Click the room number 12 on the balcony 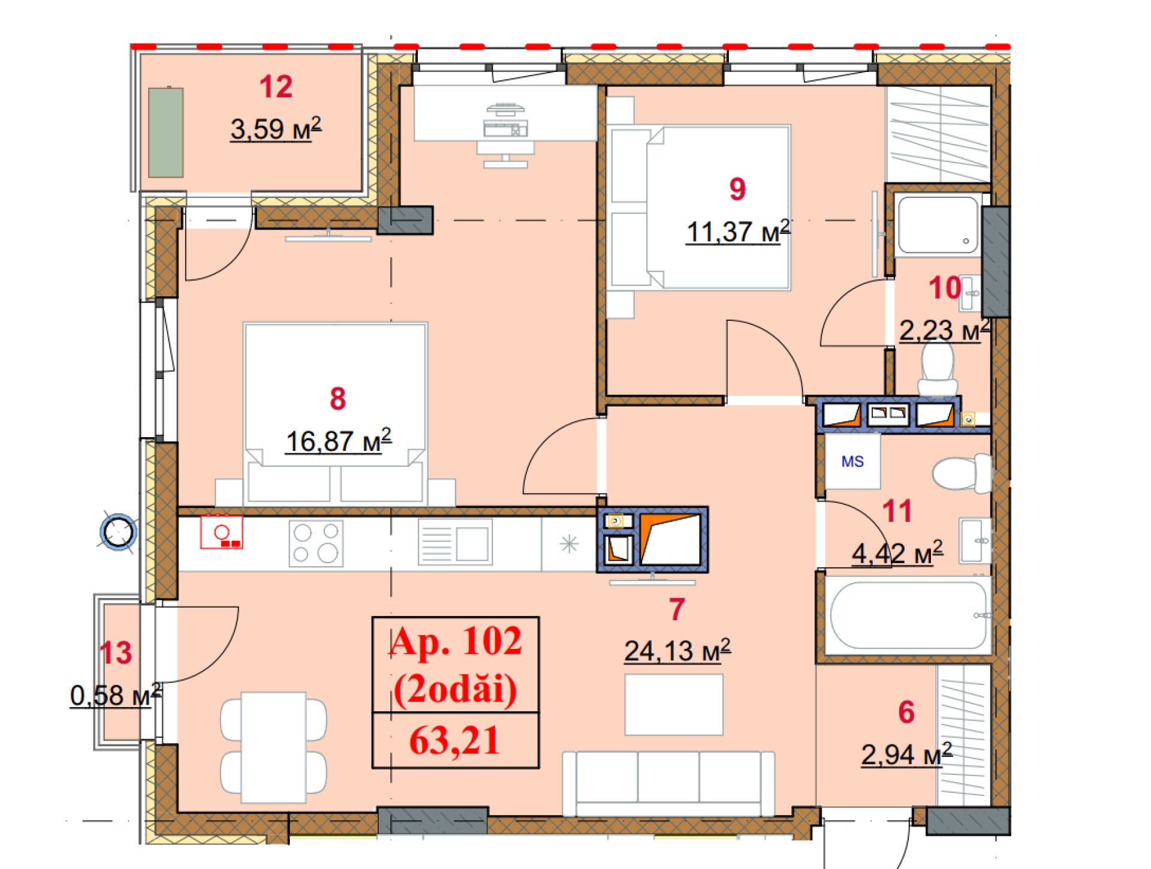(x=276, y=87)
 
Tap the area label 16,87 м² (x=339, y=441)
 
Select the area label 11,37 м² (x=738, y=231)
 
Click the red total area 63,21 (x=454, y=741)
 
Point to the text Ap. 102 (x=456, y=641)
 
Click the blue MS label (x=852, y=461)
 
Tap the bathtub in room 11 (x=908, y=615)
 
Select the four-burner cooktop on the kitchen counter (x=316, y=543)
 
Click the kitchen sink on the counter (x=455, y=543)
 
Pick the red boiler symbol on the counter (x=221, y=532)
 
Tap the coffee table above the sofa (x=674, y=705)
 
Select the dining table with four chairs (x=273, y=747)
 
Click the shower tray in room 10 (x=938, y=224)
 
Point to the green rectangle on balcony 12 (x=166, y=133)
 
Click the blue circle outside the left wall (x=118, y=532)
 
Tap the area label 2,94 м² (x=906, y=754)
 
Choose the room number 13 (x=116, y=653)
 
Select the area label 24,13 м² (x=677, y=651)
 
